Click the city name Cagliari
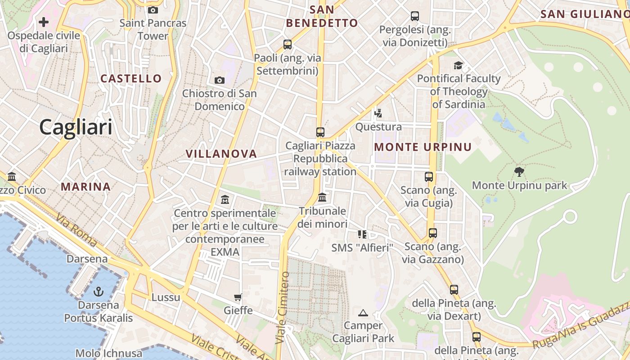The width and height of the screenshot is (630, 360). click(76, 127)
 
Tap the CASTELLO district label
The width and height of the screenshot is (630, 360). click(131, 79)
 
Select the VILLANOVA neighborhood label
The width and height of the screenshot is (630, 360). click(221, 154)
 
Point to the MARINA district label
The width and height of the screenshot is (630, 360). click(85, 187)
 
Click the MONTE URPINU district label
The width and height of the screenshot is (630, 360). click(423, 147)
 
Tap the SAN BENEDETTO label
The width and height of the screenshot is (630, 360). click(322, 16)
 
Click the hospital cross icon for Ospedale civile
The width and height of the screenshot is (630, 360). click(44, 22)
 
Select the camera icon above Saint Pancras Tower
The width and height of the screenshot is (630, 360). click(153, 10)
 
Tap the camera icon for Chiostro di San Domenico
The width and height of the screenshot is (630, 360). click(220, 80)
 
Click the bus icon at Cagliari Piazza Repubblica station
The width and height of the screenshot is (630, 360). click(320, 132)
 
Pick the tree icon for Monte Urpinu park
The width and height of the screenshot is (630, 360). click(519, 171)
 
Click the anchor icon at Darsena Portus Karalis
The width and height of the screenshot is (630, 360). click(98, 292)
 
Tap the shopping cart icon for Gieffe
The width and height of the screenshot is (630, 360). click(238, 297)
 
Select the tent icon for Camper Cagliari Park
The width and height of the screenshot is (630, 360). click(363, 312)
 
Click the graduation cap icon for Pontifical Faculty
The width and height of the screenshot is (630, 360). click(459, 65)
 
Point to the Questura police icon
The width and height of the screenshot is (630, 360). click(378, 113)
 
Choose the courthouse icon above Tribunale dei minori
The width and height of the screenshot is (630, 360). click(322, 197)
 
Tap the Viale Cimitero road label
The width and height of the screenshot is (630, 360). click(282, 308)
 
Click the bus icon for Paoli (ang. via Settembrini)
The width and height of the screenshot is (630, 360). click(288, 45)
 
